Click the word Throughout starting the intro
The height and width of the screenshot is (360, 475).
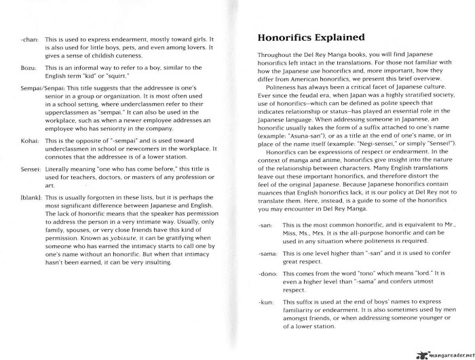point(276,53)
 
